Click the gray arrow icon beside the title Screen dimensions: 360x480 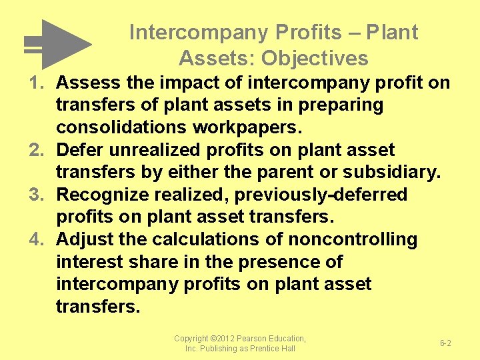point(59,44)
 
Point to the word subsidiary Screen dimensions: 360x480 point(391,173)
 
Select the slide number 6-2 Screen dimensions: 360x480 point(445,343)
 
